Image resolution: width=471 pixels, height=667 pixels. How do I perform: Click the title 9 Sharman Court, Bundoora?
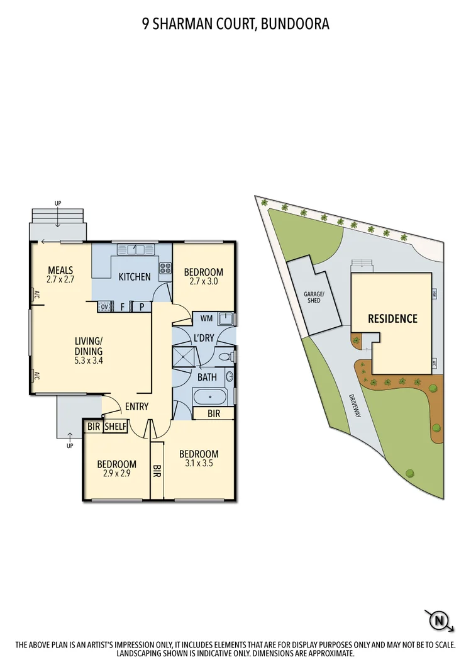235,24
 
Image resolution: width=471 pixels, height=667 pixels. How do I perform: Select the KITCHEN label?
135,276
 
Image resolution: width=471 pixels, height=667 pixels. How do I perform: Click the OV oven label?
104,307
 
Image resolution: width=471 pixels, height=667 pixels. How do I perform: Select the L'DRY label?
203,338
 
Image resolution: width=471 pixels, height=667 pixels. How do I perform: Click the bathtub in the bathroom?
210,398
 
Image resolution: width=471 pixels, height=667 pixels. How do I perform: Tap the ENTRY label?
136,406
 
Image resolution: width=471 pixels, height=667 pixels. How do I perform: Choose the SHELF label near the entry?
116,426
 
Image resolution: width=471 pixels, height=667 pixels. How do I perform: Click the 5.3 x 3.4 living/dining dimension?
88,361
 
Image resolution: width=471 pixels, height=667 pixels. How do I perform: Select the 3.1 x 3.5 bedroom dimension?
199,464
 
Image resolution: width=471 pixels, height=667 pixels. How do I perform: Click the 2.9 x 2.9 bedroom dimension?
116,474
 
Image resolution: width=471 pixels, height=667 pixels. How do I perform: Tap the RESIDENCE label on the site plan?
392,318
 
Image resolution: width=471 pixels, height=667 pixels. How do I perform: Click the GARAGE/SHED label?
313,297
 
